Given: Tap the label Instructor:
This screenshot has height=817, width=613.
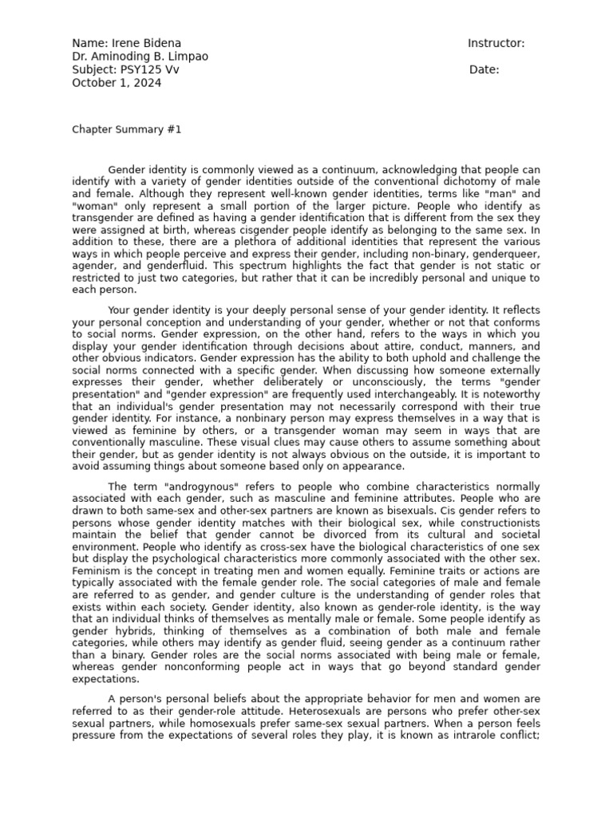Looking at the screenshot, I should tap(496, 43).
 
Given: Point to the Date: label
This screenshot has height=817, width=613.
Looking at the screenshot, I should tap(484, 69).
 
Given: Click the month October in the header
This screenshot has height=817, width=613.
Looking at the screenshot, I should tap(94, 82).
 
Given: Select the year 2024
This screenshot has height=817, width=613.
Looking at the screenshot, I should tap(148, 82).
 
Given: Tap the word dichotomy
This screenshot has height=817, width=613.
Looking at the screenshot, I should tap(473, 181).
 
